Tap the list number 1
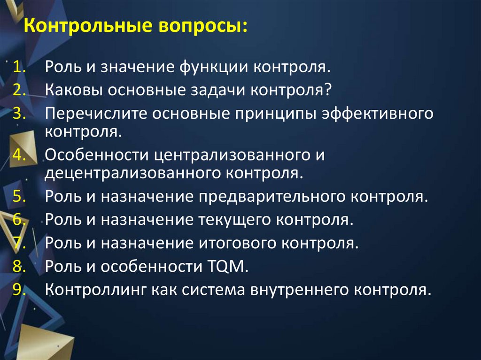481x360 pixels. pyautogui.click(x=19, y=67)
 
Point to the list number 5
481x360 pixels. pyautogui.click(x=19, y=196)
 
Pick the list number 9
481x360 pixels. pyautogui.click(x=19, y=291)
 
